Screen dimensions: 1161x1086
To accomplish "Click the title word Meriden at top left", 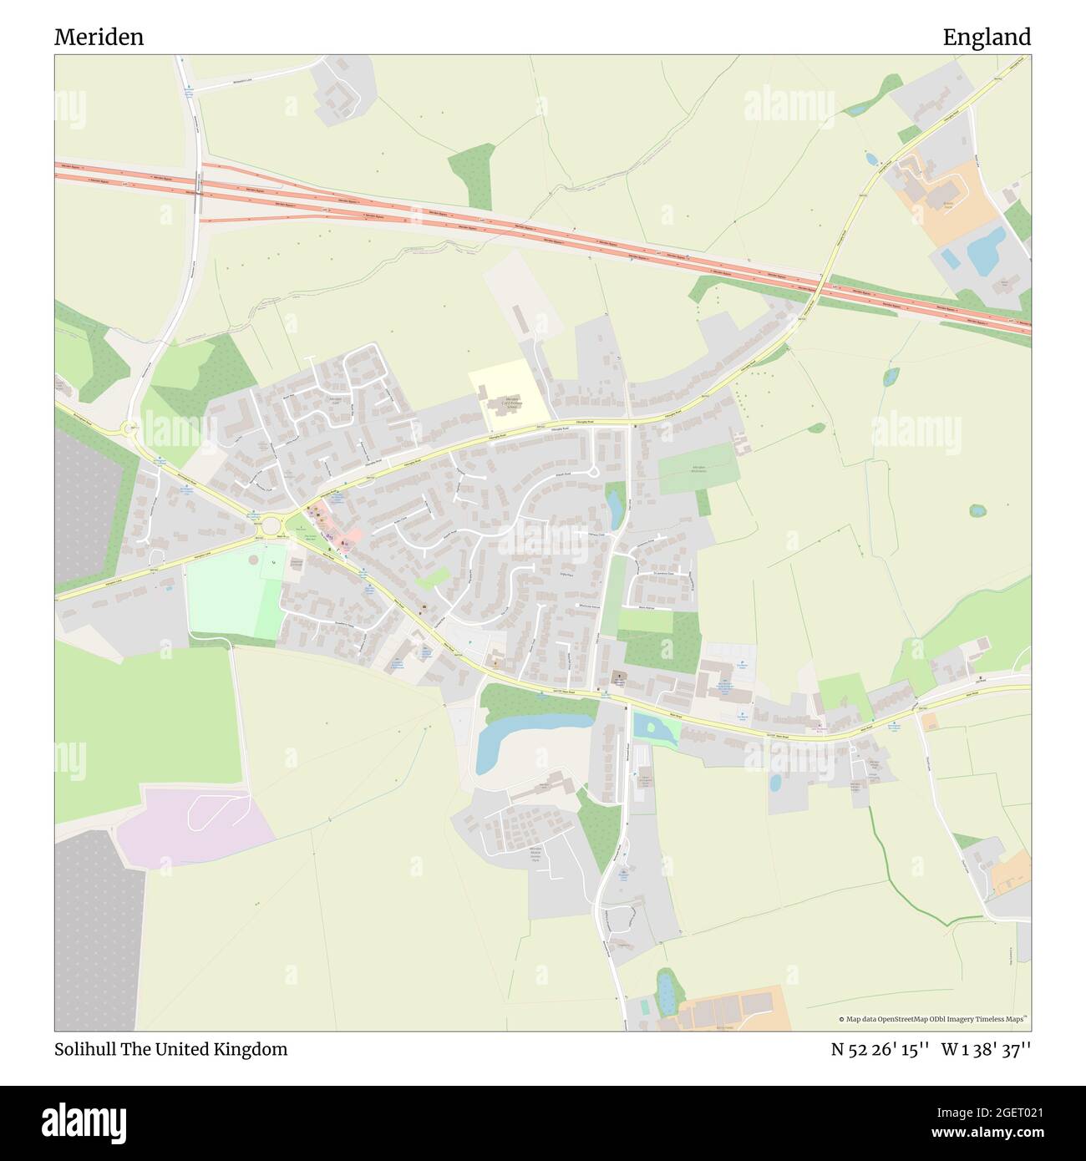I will (x=99, y=37).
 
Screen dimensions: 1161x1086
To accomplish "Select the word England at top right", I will (x=987, y=37).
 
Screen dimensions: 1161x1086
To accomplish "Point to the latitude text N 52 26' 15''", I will (x=880, y=1049).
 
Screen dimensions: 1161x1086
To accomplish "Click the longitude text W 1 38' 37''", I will (x=986, y=1049).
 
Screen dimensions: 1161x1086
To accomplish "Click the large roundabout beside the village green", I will (x=270, y=526).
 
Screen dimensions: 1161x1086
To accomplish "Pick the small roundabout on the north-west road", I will (x=129, y=428).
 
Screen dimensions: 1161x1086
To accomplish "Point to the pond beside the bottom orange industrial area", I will (x=666, y=991).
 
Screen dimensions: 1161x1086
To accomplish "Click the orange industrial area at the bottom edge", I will (x=735, y=1009).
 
